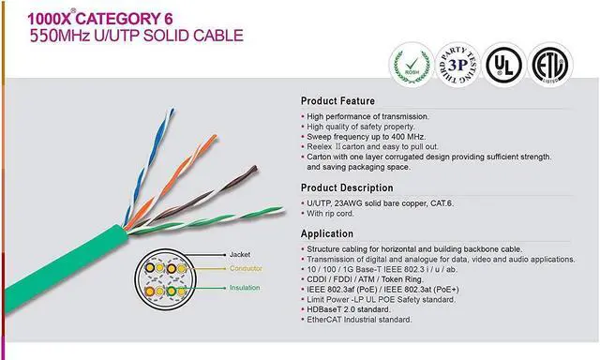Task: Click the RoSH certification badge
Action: (x=409, y=65)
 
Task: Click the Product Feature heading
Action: (x=337, y=101)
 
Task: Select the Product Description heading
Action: (x=346, y=187)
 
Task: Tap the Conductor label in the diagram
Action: (x=247, y=270)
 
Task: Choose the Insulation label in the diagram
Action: (x=246, y=287)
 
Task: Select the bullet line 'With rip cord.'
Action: (x=337, y=213)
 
